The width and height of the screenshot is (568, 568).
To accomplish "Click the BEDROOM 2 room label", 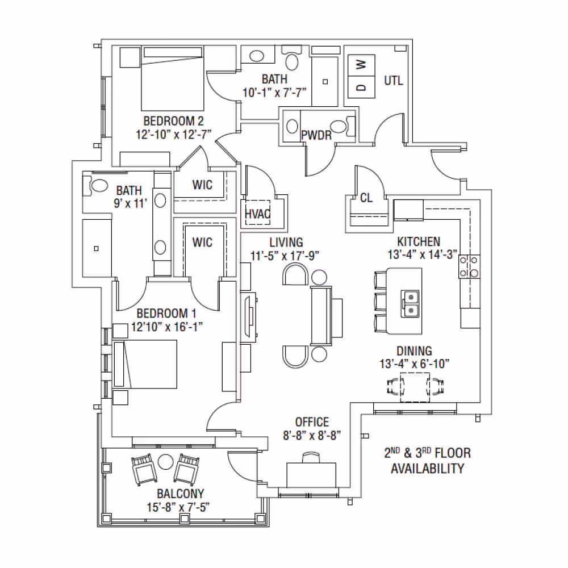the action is (x=173, y=120).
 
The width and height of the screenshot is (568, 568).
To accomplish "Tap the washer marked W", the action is (x=361, y=65).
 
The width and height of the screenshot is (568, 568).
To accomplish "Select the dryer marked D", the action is (x=361, y=87).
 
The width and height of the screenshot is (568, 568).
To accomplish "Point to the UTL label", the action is (x=394, y=81).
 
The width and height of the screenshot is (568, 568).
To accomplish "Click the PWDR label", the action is (x=316, y=135).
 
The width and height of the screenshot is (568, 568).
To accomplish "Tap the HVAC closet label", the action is (x=257, y=214).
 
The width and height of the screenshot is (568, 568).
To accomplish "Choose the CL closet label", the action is (x=366, y=198).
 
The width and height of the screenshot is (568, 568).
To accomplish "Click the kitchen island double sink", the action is (x=410, y=303).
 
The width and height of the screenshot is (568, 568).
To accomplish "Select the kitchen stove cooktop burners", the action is (x=470, y=266).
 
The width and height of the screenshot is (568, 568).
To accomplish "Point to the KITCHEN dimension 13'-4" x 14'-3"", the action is (x=423, y=254).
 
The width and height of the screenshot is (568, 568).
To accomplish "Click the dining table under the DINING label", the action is (x=415, y=387).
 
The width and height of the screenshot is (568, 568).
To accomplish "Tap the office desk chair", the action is (x=311, y=457).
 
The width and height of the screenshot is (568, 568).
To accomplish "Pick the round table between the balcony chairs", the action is (x=165, y=462).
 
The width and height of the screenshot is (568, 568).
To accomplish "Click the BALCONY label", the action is (x=180, y=494).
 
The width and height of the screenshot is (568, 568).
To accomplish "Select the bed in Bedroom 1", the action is (x=145, y=364).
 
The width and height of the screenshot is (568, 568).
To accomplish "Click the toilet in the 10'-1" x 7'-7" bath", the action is (x=291, y=59).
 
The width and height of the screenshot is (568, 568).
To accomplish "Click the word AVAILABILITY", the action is (x=428, y=469).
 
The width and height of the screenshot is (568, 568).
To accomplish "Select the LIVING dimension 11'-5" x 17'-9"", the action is (x=285, y=256).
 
